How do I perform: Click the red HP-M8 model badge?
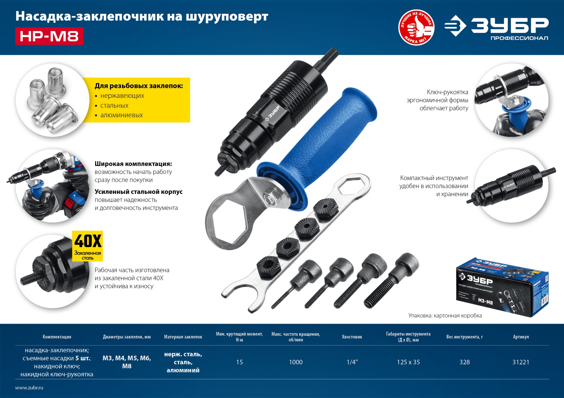click(x=49, y=36)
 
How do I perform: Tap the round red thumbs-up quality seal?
click(x=416, y=28)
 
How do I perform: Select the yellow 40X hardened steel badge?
click(x=88, y=246)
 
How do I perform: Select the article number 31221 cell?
click(x=521, y=362)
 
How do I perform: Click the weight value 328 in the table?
click(x=464, y=362)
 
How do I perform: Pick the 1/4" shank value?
click(x=352, y=362)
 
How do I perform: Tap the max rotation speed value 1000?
click(x=296, y=362)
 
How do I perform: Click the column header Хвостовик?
click(x=352, y=337)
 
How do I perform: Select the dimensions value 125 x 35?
click(x=408, y=362)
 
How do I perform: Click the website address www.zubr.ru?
click(x=29, y=388)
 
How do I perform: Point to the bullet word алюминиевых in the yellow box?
click(x=121, y=115)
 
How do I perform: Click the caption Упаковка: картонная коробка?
click(x=445, y=316)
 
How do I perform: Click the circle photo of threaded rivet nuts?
click(x=52, y=100)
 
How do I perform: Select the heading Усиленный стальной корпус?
click(x=138, y=192)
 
